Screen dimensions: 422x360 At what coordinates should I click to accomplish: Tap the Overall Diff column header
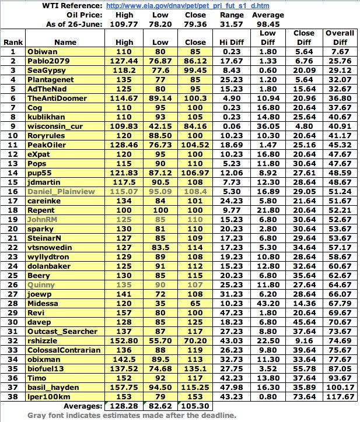[340, 37]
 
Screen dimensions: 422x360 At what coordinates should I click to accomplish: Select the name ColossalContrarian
[64, 350]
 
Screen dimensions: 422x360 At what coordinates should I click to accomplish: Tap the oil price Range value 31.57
[232, 24]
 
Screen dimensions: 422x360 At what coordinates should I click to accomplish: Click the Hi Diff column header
[232, 42]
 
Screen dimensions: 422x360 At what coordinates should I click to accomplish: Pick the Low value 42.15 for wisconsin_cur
[159, 126]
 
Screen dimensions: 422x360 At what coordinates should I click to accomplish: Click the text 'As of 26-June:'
[74, 24]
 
